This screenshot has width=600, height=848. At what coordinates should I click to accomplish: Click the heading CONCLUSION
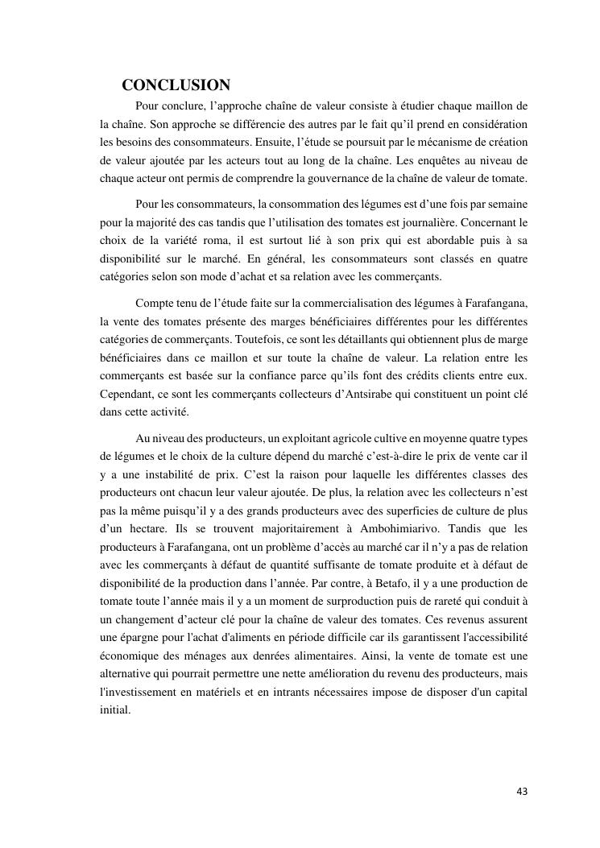point(176,85)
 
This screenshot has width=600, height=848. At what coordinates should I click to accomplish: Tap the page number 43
point(522,792)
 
